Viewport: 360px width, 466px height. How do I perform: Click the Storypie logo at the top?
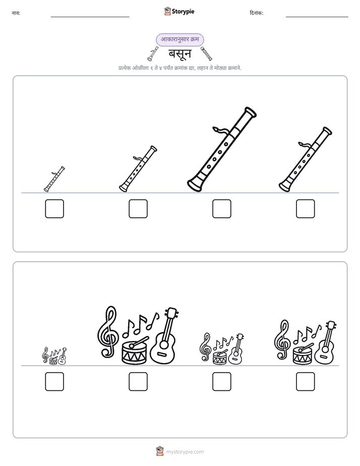point(179,11)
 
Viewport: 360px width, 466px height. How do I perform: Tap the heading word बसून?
point(180,54)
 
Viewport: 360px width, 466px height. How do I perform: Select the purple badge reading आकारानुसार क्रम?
point(179,39)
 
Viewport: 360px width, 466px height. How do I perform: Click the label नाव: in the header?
point(16,13)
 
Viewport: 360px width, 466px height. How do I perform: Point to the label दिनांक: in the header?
point(256,13)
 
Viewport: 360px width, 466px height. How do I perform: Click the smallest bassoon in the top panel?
point(54,179)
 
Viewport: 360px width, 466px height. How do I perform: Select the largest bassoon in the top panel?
point(221,149)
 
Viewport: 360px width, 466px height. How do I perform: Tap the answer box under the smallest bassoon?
point(54,209)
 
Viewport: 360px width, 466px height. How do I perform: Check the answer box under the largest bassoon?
point(221,209)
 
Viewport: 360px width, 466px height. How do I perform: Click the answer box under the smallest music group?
point(54,382)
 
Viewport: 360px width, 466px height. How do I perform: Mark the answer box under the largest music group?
point(138,382)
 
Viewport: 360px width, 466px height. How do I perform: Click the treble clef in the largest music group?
point(108,332)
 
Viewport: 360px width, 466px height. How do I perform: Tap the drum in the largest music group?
point(134,351)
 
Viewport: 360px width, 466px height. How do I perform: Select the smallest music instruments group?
point(54,356)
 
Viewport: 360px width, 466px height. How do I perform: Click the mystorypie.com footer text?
point(185,452)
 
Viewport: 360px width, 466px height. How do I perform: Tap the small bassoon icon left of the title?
point(153,54)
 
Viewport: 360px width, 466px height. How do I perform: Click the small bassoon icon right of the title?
point(206,54)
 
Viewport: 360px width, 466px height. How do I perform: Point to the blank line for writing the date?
point(317,17)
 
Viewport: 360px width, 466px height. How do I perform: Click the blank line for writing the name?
point(90,17)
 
